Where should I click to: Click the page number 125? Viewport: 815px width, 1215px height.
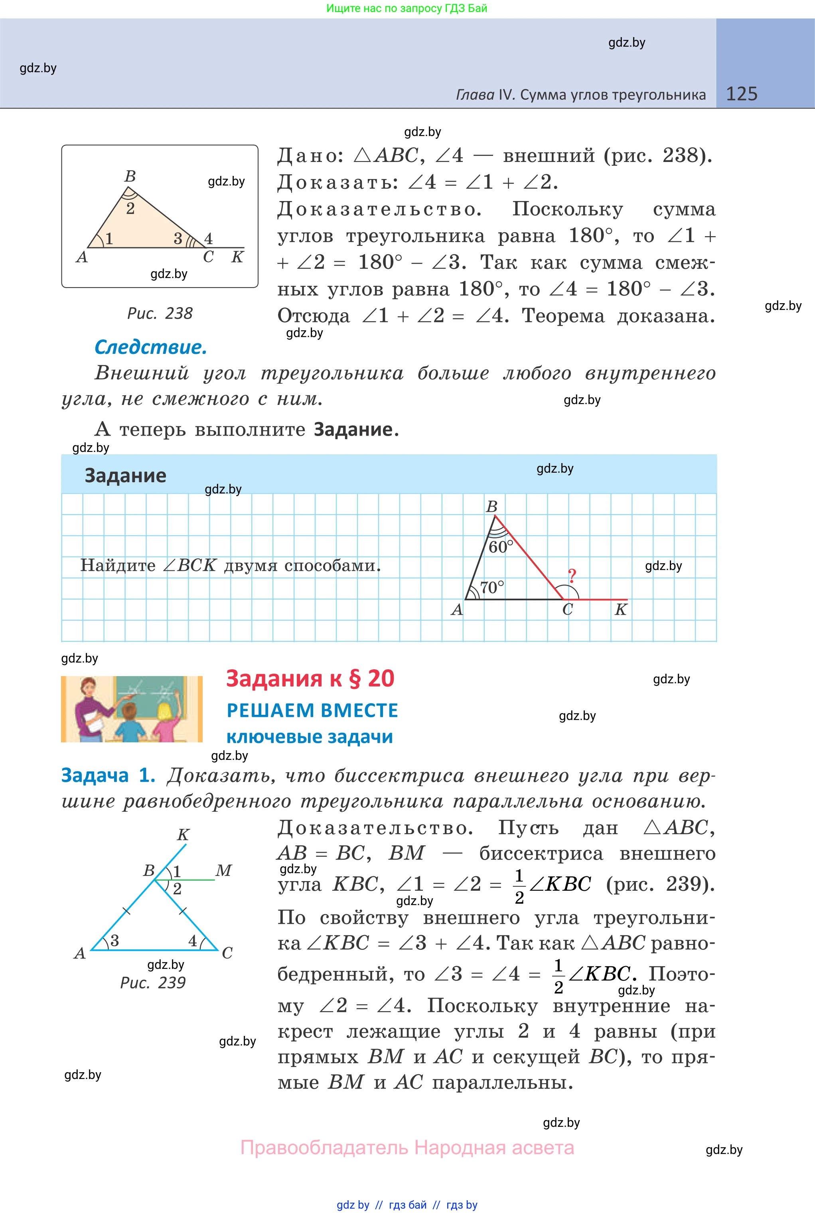point(741,94)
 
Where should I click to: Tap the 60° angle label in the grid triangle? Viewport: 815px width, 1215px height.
point(501,547)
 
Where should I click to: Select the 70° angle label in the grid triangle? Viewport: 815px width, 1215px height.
point(492,587)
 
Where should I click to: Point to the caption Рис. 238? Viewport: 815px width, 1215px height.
point(160,314)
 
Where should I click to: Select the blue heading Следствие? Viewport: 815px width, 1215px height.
point(151,347)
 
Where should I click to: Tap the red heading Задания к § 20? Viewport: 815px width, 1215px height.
point(310,679)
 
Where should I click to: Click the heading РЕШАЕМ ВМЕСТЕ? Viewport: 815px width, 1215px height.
point(312,710)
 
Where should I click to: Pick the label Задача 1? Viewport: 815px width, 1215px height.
point(108,775)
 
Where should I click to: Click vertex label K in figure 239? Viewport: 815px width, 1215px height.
point(183,834)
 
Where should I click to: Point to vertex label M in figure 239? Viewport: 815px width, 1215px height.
point(223,870)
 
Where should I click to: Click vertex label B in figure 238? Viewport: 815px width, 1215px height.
point(130,177)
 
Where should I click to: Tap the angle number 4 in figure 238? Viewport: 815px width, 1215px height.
point(208,239)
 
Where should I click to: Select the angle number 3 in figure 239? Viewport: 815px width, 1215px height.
point(114,941)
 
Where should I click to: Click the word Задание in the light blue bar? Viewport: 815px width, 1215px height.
point(125,475)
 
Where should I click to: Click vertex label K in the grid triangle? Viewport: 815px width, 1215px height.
point(621,609)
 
